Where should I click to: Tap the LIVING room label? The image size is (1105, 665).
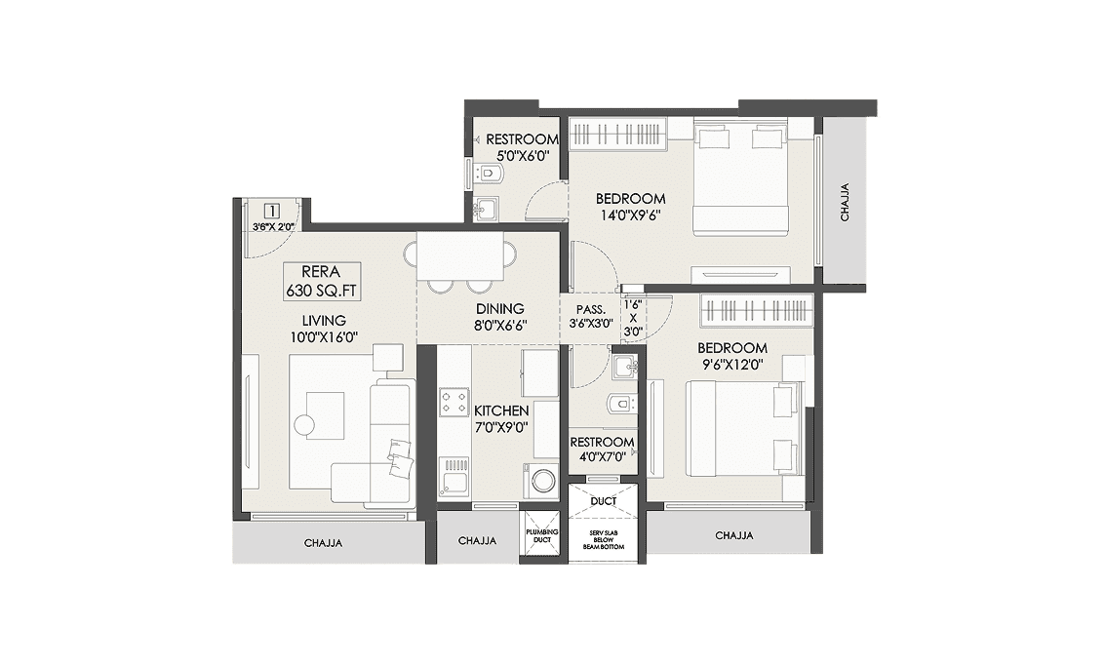(x=324, y=320)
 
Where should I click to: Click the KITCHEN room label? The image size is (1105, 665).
(x=500, y=411)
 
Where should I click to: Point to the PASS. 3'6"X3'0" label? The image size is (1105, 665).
(x=591, y=316)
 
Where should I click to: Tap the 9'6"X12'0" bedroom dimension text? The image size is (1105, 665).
(x=730, y=365)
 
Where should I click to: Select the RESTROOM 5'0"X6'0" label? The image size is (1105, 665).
(x=522, y=146)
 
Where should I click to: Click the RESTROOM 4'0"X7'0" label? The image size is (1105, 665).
(x=602, y=450)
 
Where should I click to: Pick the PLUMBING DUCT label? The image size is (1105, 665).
(x=541, y=536)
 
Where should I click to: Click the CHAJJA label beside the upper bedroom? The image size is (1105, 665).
(x=845, y=203)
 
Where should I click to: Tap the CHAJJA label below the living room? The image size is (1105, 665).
(x=323, y=542)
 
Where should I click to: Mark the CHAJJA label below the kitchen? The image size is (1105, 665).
(x=477, y=540)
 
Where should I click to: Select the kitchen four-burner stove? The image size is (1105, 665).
(x=454, y=402)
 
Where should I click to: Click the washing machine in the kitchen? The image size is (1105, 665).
(x=541, y=481)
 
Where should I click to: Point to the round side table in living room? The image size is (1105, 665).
(x=305, y=424)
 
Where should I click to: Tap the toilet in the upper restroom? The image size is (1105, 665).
(x=490, y=175)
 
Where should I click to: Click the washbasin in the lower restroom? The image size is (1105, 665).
(x=624, y=368)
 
